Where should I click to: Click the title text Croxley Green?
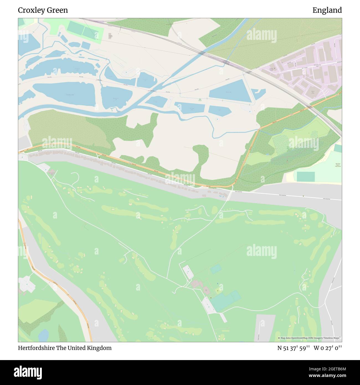pos(43,10)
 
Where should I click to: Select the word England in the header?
pos(327,10)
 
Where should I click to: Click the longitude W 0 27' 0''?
pos(328,348)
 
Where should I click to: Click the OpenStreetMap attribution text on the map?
pos(309,338)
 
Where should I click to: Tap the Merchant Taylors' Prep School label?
pos(338,165)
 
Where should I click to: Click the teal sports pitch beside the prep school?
pos(305,176)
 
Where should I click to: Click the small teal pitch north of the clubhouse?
pos(216,269)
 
